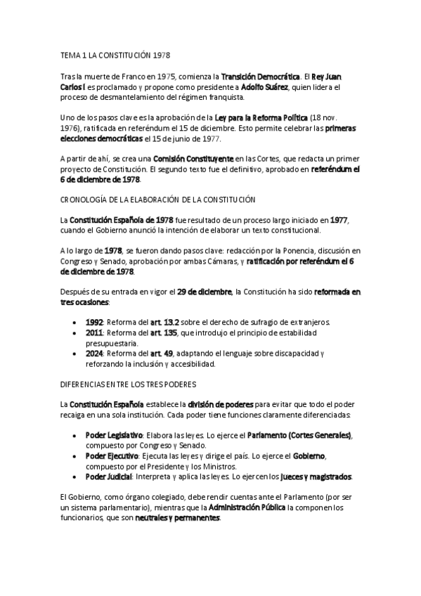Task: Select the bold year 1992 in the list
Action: (95, 321)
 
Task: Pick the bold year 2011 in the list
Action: (95, 332)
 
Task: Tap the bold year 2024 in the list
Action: (95, 354)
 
